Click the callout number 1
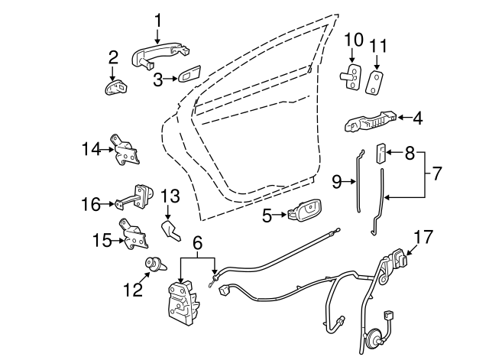click(158, 21)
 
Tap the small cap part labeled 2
click(116, 87)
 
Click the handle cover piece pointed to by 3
click(189, 74)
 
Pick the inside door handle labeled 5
click(305, 211)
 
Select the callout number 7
click(436, 174)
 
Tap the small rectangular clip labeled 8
click(381, 153)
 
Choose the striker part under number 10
click(350, 76)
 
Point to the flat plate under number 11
click(374, 83)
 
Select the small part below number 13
click(170, 230)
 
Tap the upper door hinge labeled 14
click(125, 150)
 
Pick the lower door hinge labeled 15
click(134, 235)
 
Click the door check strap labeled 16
click(134, 197)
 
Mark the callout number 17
click(423, 238)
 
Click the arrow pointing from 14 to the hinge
click(107, 150)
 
